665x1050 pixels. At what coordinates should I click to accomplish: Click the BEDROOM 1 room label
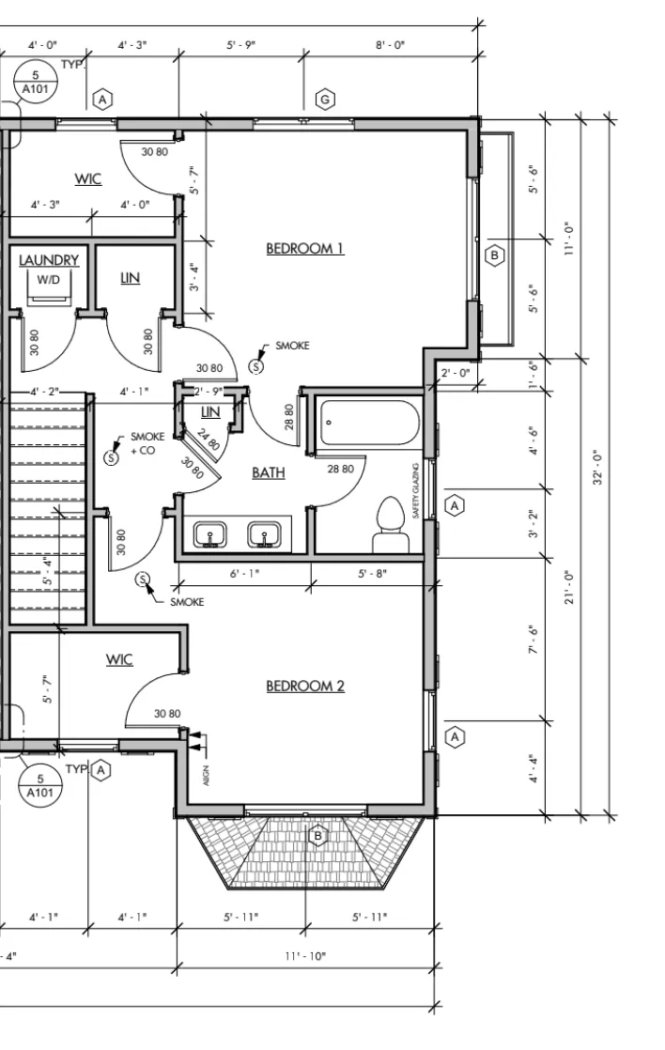click(304, 249)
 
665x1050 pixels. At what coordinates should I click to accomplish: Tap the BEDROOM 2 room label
click(304, 686)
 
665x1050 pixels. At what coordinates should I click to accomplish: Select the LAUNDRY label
click(49, 260)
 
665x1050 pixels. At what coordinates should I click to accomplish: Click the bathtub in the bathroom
click(370, 423)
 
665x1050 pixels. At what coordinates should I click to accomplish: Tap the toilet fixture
click(392, 524)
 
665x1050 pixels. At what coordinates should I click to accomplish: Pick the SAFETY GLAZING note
click(416, 490)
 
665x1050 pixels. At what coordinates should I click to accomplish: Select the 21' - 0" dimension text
click(570, 587)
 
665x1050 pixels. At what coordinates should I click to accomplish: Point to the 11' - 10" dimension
click(305, 955)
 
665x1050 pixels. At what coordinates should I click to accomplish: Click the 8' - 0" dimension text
click(391, 45)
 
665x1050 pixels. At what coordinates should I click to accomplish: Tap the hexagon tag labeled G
click(326, 100)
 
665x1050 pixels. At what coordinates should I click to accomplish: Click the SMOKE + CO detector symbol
click(111, 457)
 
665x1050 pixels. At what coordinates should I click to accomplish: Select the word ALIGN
click(206, 775)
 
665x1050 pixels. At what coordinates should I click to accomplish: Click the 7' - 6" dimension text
click(534, 640)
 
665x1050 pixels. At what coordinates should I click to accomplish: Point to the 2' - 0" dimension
click(456, 372)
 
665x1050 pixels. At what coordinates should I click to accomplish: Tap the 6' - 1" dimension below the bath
click(244, 573)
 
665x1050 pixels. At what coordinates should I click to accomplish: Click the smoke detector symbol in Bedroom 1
click(255, 366)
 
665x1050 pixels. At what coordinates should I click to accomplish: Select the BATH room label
click(269, 472)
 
